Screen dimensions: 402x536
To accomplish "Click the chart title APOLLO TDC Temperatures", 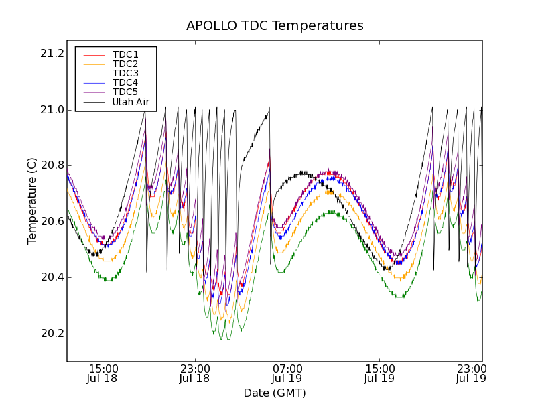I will pos(275,26).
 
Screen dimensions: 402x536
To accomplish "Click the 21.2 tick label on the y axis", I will pos(52,54).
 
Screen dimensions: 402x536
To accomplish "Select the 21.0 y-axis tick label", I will pos(52,110).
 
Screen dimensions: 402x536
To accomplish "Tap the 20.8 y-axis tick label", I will pos(52,165).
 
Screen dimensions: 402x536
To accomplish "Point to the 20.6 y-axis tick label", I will pos(52,222).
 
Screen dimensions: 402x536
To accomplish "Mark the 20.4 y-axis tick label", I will pos(52,277).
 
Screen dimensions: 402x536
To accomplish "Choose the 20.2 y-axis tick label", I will pos(52,334).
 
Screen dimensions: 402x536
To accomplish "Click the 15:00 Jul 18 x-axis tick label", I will pos(103,373).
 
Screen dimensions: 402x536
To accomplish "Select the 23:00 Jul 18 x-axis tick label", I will pos(196,373).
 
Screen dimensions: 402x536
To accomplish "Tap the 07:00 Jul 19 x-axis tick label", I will pos(287,373).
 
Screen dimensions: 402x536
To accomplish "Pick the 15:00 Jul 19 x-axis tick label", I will pos(380,373).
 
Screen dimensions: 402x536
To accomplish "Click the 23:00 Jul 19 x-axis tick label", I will pos(471,373).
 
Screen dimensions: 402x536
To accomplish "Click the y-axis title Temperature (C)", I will pos(32,200).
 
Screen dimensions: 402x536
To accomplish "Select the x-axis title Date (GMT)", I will pos(275,393).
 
